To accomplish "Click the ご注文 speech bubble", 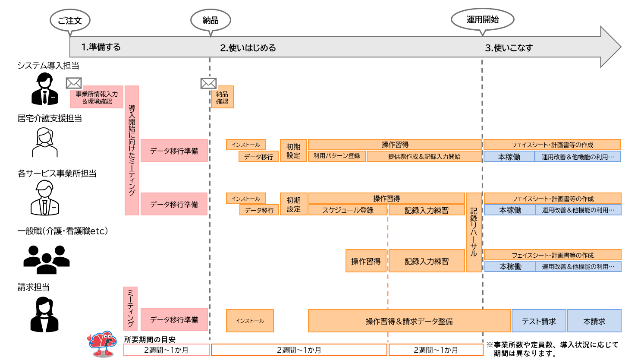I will point(70,20).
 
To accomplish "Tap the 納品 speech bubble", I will point(211,20).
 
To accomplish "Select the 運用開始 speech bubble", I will point(482,19).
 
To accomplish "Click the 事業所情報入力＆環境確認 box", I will point(97,98).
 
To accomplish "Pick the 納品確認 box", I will point(222,98).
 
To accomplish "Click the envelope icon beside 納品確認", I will point(208,83).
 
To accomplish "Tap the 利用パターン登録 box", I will point(337,156).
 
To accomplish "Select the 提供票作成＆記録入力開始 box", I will point(424,156).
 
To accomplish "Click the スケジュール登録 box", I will point(348,210).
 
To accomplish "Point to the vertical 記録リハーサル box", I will point(474,232).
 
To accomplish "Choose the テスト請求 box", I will point(539,321).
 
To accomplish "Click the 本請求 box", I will point(594,321).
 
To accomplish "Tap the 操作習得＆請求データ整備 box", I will point(409,321).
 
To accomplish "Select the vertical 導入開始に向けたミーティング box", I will point(132,150).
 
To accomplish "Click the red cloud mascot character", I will point(102,344).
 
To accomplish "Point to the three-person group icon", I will point(46,259).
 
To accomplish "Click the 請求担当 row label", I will point(34,287).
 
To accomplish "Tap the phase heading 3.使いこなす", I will point(509,48).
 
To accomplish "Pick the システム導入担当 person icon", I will point(44,89).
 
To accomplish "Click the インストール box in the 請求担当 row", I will point(250,321).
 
